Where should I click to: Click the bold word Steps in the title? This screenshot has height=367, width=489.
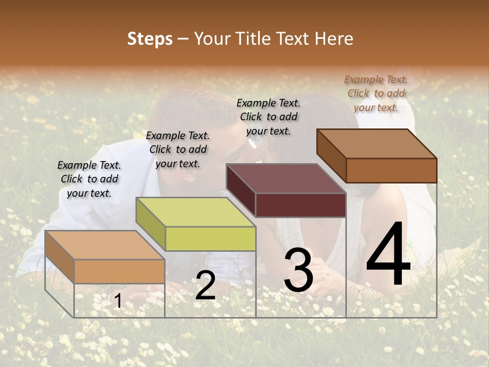[150, 39]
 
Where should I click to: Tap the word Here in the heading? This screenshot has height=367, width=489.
[334, 39]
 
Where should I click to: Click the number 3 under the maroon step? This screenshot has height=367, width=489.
[298, 270]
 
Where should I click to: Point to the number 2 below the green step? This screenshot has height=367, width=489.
[205, 285]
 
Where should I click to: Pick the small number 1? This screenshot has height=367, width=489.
[118, 301]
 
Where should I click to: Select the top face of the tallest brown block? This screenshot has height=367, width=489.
[376, 144]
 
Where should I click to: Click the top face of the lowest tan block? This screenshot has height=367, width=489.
[104, 245]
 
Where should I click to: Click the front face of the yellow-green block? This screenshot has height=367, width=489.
[210, 239]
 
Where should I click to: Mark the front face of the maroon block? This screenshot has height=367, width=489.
[301, 205]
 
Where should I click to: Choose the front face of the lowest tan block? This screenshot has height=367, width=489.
[119, 271]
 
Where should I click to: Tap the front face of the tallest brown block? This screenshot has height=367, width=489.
[391, 170]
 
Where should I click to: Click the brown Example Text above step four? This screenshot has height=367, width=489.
[375, 80]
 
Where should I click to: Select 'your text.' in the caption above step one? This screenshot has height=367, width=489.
[89, 193]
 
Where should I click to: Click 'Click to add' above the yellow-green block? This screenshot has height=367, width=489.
[178, 149]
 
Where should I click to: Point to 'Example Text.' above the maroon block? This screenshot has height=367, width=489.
[268, 103]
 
